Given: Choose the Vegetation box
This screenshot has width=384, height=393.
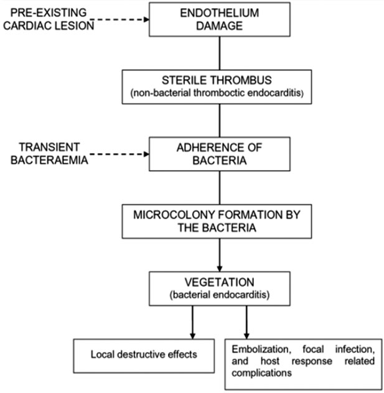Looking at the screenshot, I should (x=219, y=288).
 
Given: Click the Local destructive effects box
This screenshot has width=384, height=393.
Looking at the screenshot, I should (x=144, y=355).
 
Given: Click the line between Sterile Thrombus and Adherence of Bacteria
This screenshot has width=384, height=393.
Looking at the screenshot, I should (x=219, y=120).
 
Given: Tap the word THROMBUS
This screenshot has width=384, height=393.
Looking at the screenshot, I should (x=247, y=80).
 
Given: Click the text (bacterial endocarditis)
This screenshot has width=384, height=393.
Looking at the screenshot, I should (x=219, y=294).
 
